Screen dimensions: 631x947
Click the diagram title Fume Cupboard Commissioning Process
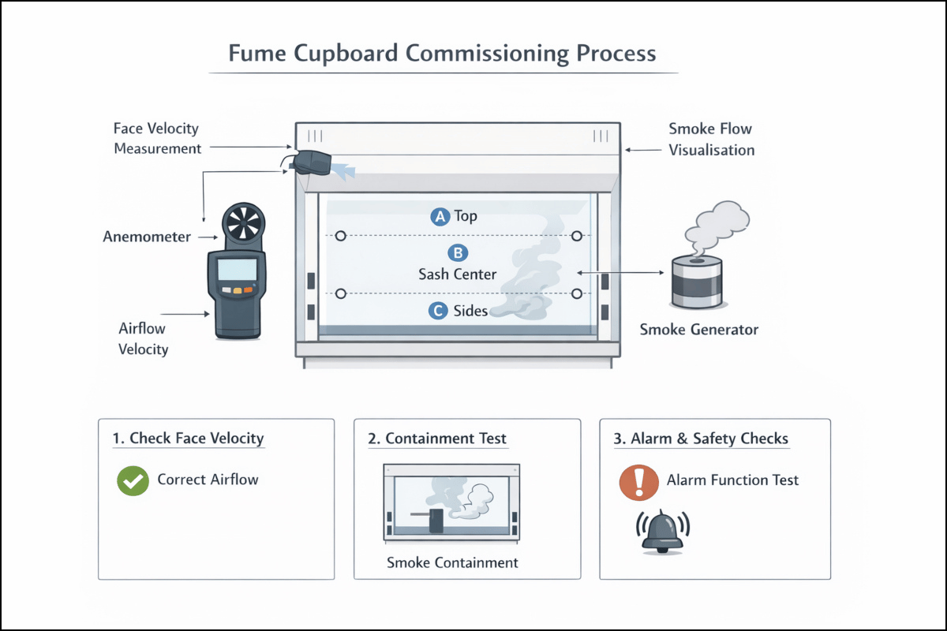pos(442,54)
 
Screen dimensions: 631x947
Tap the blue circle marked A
pos(440,216)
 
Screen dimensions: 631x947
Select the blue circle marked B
pos(458,253)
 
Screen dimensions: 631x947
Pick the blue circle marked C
pos(438,311)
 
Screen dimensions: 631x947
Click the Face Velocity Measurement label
pos(157,138)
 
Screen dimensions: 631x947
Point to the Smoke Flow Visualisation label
pos(711,139)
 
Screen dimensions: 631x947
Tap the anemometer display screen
pos(237,270)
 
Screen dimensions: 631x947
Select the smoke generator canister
pos(695,282)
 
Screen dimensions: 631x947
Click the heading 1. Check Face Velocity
pos(189,439)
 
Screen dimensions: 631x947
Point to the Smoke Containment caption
pos(452,562)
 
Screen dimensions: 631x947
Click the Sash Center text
pos(457,274)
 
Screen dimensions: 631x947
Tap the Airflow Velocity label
pos(144,338)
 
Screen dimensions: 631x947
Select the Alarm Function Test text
pos(732,480)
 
